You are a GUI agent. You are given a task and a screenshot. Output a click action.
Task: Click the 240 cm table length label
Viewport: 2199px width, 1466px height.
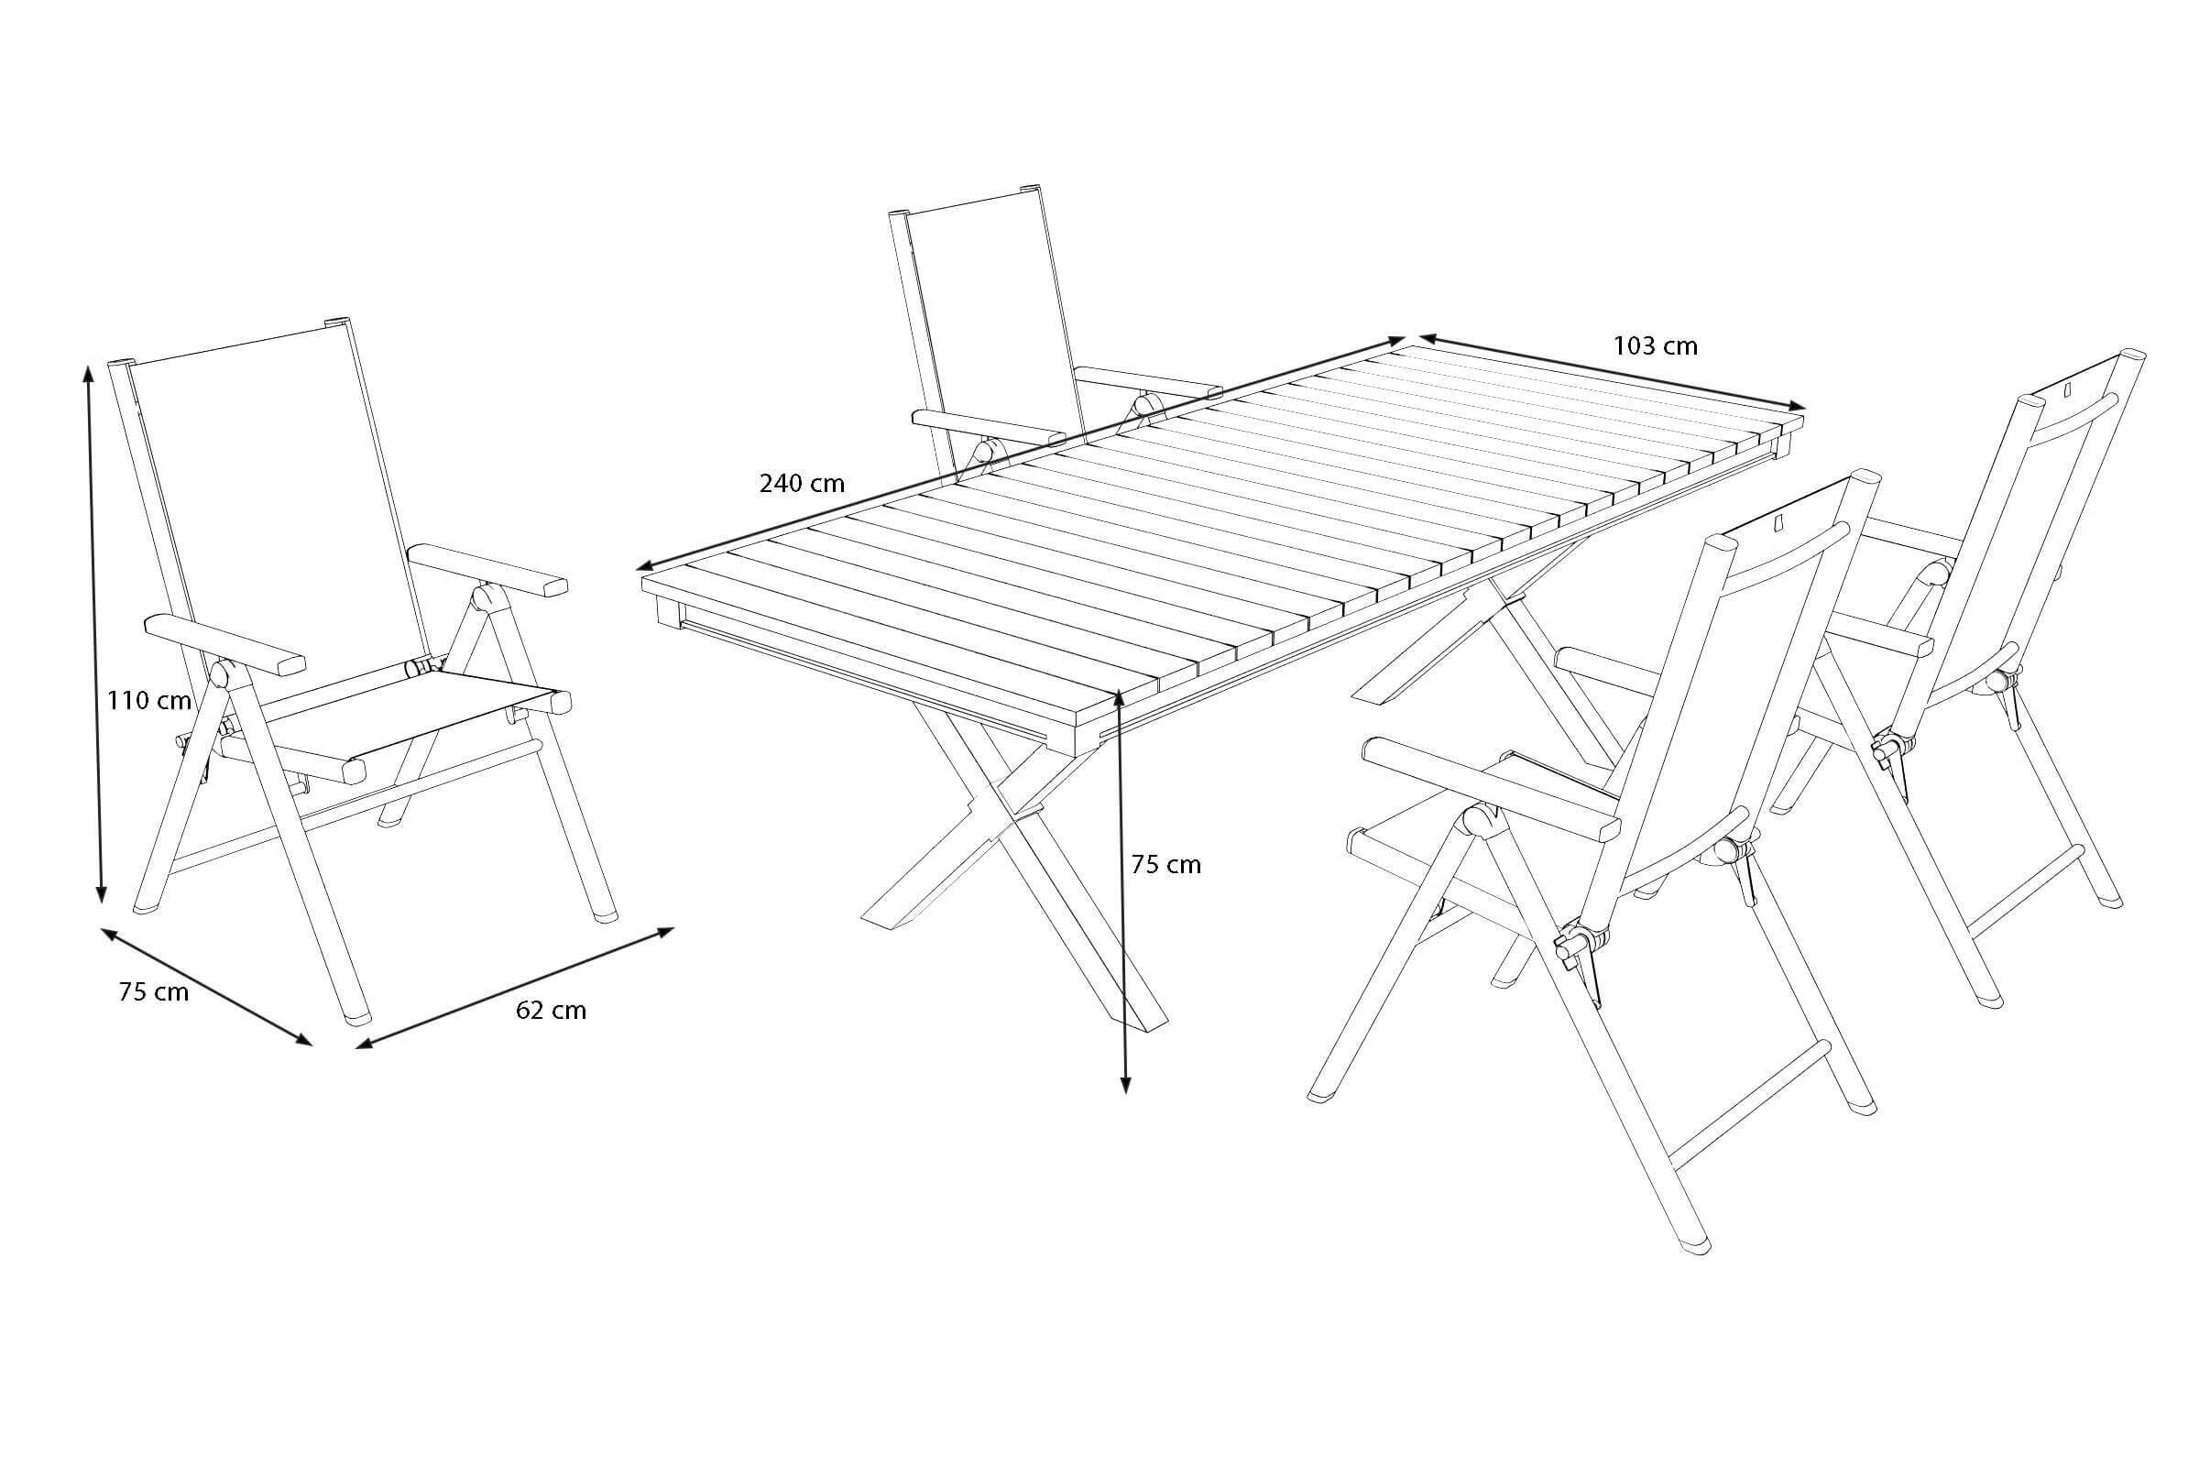[x=801, y=484]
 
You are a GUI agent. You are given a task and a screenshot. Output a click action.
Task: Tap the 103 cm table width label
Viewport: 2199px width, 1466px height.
[x=1655, y=346]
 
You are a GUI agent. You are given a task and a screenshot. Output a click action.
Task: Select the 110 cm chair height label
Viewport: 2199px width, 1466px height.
[x=149, y=700]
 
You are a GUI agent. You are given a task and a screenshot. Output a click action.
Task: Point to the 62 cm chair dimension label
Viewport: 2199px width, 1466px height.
[x=551, y=1010]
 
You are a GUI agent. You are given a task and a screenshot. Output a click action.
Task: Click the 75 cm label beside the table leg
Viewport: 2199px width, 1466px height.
[x=1165, y=865]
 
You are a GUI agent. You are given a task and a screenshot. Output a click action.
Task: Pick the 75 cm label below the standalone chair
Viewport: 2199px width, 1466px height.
[x=153, y=993]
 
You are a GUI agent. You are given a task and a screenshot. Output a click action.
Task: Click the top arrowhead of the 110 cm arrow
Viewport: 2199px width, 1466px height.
[x=89, y=373]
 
